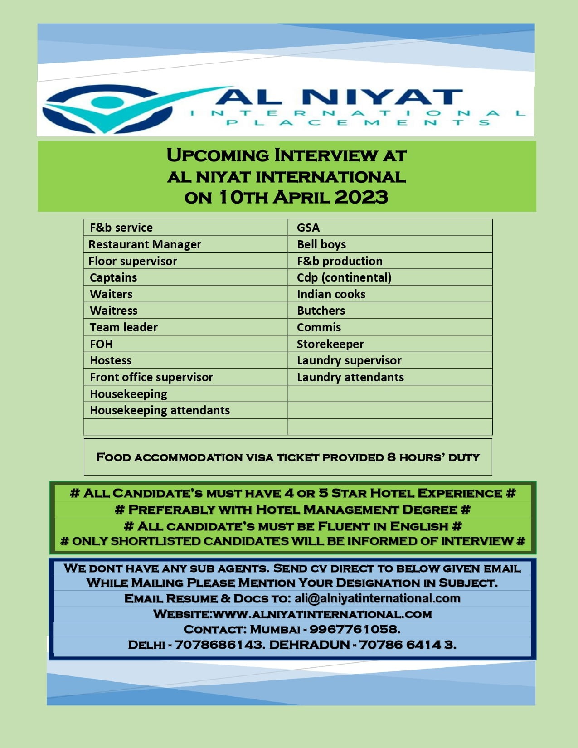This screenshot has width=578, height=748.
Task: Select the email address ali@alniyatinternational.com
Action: click(377, 598)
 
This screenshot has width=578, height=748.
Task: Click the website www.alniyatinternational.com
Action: click(322, 614)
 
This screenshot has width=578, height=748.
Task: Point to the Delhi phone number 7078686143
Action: click(219, 644)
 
